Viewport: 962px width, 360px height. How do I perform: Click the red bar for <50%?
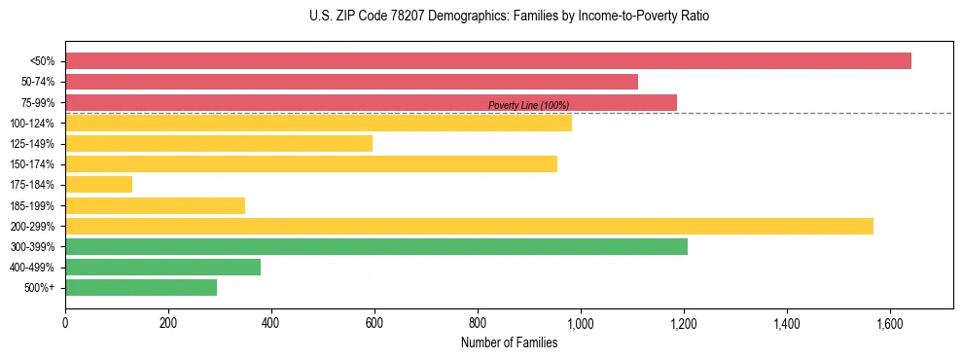pos(488,61)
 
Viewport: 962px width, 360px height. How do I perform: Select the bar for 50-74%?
pos(351,82)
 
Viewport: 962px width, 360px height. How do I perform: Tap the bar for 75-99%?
pos(371,102)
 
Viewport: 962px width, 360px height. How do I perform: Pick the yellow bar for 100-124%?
pos(318,123)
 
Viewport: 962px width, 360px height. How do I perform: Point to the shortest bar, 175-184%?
pos(98,185)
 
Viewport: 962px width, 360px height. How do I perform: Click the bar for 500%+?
pos(141,288)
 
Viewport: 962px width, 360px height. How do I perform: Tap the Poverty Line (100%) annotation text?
pos(528,105)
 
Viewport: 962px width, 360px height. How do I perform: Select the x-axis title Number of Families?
pos(510,342)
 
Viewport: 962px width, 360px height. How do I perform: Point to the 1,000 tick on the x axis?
pos(581,322)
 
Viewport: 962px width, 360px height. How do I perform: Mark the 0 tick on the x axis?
pos(65,322)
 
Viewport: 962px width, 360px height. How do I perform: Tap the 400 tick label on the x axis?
pos(271,322)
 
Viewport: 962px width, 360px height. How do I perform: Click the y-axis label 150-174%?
pos(32,164)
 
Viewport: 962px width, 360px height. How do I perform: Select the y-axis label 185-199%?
pos(32,205)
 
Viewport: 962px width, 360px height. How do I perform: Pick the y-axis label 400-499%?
pos(32,268)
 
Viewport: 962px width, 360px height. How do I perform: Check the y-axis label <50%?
pos(42,61)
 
